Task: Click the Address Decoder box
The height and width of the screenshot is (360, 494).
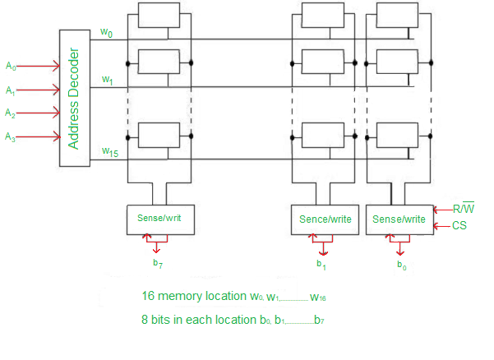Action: (74, 98)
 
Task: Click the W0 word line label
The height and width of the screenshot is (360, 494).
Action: (106, 32)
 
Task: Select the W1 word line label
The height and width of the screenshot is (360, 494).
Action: (107, 80)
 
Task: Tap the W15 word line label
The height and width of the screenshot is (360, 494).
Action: (108, 151)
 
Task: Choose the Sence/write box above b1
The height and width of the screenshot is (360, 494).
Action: (325, 219)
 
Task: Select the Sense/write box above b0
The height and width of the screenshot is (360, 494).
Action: (399, 219)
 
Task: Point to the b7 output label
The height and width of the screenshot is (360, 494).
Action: (157, 263)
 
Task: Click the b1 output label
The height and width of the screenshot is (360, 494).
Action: (321, 264)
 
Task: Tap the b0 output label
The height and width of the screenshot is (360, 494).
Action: (401, 265)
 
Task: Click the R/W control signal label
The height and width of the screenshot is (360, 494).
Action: (464, 210)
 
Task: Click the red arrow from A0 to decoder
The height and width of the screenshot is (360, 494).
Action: (38, 66)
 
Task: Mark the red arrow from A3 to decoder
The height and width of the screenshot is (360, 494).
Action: (38, 136)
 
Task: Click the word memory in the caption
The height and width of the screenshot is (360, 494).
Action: (182, 296)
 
